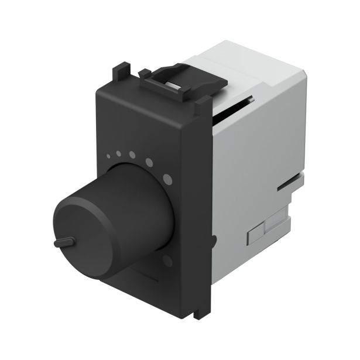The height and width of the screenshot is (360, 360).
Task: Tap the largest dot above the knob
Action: tap(168, 177)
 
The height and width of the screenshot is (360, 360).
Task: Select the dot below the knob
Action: tap(169, 259)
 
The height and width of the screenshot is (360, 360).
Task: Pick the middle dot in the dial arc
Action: tap(133, 156)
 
